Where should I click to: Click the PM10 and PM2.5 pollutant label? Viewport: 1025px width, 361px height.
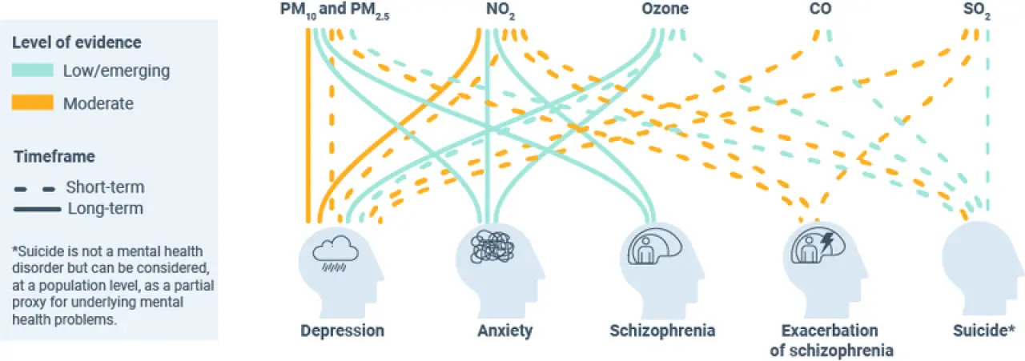tap(334, 10)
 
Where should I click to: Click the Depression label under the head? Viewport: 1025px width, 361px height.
tap(342, 331)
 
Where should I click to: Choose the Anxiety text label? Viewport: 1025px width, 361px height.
tap(504, 331)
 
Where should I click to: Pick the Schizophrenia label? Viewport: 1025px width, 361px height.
tap(662, 331)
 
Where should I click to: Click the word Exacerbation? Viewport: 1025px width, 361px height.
tap(829, 331)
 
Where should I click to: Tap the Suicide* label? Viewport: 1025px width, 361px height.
tap(984, 331)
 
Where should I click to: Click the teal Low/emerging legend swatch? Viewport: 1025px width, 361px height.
tap(32, 70)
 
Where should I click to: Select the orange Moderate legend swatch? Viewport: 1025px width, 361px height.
tap(32, 103)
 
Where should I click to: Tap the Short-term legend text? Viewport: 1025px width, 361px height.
tap(105, 187)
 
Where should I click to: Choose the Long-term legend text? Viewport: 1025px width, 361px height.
tap(105, 209)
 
